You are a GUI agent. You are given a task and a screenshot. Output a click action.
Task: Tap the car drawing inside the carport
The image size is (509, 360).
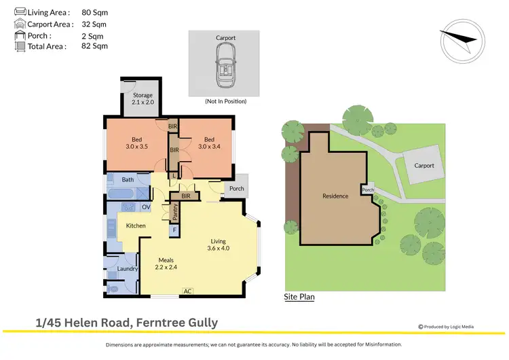tap(225, 66)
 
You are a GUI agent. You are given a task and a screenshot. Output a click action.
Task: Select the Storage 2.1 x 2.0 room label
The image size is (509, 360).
tap(143, 98)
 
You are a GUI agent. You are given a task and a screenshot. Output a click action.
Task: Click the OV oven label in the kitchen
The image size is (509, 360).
tap(146, 206)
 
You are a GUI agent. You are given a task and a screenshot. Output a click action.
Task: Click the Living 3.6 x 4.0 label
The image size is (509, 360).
tap(219, 245)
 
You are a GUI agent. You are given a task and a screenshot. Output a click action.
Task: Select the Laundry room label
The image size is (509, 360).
tap(128, 269)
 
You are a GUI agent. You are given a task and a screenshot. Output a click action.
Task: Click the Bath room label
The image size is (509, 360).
tap(128, 180)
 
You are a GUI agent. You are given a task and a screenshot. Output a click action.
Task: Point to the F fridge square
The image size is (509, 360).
tap(174, 230)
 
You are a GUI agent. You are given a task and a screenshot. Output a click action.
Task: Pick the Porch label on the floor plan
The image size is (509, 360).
tap(237, 188)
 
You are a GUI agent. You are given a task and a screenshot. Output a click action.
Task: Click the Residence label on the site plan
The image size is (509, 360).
tap(335, 196)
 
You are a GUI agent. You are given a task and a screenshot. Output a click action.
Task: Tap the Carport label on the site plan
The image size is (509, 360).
tap(424, 165)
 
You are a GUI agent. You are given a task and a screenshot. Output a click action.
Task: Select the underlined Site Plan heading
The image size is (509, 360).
tap(299, 297)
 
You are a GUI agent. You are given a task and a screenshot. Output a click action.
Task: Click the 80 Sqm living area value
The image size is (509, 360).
tap(94, 12)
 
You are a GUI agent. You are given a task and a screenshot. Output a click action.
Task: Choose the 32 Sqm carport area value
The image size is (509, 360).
tap(94, 24)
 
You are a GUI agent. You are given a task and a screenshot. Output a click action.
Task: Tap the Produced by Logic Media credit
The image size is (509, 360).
tap(448, 327)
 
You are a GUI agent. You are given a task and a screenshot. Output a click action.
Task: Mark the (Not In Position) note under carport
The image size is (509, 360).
tap(225, 101)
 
